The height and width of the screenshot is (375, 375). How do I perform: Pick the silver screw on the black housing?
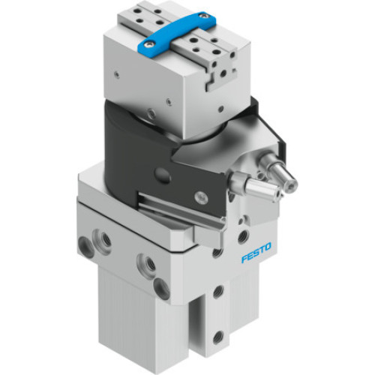(x=200, y=197)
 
